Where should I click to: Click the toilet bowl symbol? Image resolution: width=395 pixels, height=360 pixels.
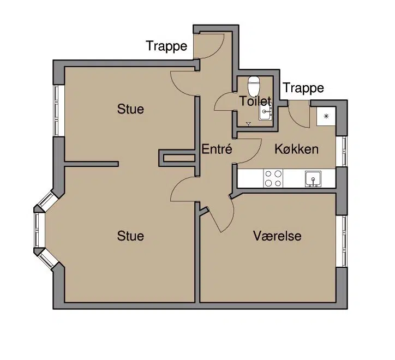click(x=254, y=85)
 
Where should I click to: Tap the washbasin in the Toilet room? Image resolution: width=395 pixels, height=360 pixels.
click(x=266, y=111)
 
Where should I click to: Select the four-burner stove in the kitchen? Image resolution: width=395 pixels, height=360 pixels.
click(x=273, y=178)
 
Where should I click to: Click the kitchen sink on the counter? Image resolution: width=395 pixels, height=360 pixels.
click(x=313, y=178)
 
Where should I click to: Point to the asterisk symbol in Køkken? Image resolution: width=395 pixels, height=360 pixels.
click(x=326, y=116)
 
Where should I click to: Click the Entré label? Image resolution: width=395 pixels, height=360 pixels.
click(x=217, y=149)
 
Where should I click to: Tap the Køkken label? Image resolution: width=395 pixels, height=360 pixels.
click(x=296, y=149)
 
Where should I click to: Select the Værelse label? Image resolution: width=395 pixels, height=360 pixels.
click(x=277, y=236)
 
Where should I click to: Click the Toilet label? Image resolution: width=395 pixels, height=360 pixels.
click(x=255, y=101)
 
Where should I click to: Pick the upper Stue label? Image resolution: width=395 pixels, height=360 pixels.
click(x=130, y=109)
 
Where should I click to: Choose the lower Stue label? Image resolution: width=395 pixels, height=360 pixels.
click(x=130, y=236)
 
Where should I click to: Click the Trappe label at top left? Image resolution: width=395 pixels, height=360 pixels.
click(x=166, y=46)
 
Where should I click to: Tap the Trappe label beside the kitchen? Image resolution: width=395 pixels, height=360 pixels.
click(x=303, y=88)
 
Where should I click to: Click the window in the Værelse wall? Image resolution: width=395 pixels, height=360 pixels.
click(x=342, y=241)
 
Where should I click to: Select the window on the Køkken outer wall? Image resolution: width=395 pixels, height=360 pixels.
click(x=342, y=152)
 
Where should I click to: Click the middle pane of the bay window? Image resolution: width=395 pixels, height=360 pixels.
click(x=39, y=230)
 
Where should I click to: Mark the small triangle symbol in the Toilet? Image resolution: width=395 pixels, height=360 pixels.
click(x=248, y=123)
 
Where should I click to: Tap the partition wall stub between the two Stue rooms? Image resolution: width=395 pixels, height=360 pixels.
click(x=91, y=164)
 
